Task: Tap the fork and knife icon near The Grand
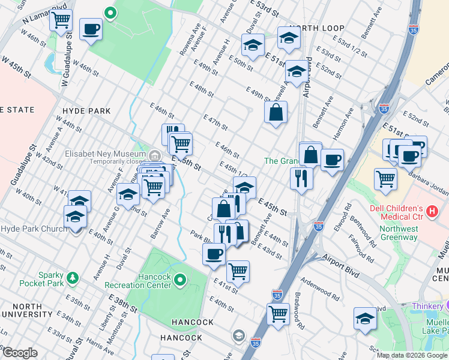point(301,178)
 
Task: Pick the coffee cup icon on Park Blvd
point(214,254)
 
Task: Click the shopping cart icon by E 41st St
point(238,271)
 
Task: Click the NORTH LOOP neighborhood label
point(316,28)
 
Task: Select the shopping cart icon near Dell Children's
point(385,178)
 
